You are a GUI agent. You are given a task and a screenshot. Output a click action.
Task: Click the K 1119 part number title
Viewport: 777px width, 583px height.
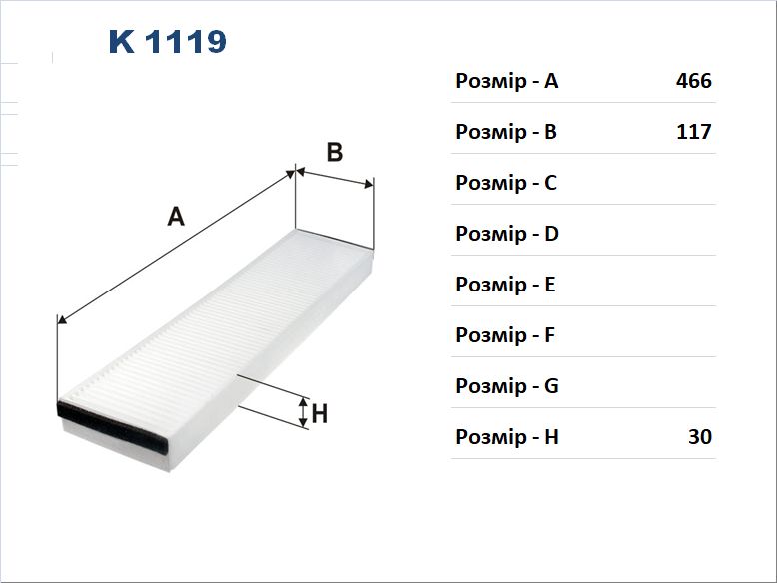coord(168,42)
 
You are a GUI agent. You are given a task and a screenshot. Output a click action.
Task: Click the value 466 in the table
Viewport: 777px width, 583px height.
coord(694,80)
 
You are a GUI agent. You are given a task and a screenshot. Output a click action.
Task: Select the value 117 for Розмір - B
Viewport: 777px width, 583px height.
coord(694,131)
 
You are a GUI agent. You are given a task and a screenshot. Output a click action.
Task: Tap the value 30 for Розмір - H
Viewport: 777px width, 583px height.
coord(700,436)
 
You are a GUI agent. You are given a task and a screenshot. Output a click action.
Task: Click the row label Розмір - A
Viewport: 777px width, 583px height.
coord(507,81)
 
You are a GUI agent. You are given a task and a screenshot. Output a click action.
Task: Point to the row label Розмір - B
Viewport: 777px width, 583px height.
coord(506,132)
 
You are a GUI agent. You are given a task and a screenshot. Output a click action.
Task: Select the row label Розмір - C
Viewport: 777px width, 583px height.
coord(506,183)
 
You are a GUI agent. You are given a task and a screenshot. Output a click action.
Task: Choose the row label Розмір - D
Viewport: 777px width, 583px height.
coord(507,234)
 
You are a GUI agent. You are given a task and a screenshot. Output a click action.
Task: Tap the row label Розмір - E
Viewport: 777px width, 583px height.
coord(506,285)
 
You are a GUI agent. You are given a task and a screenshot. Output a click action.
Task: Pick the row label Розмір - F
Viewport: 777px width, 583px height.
coord(505,335)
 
